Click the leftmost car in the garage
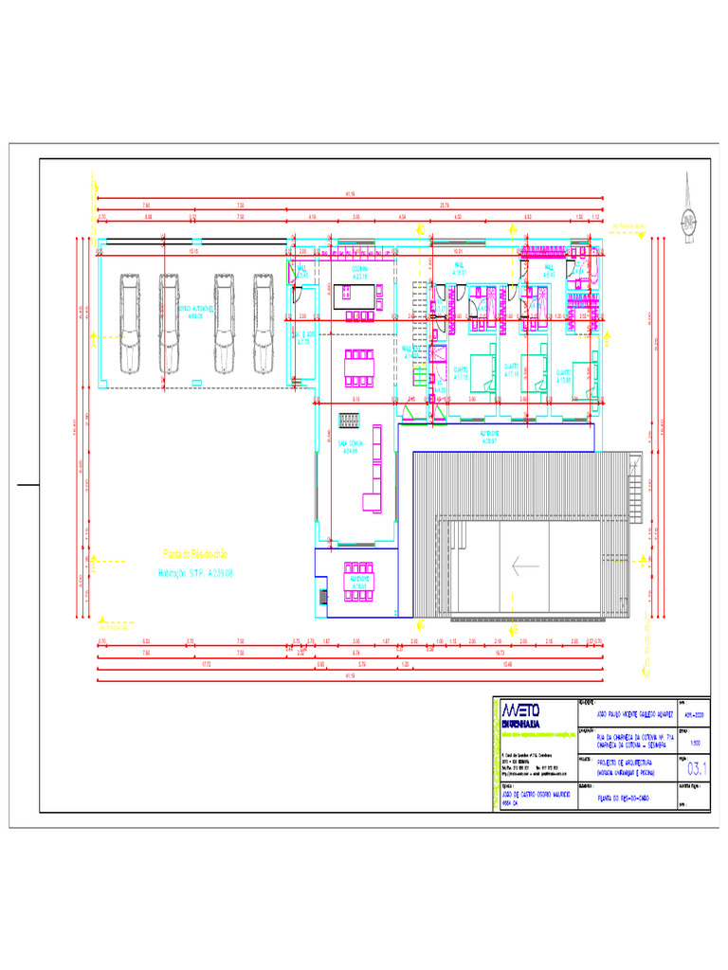coord(130,323)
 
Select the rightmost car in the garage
coord(264,323)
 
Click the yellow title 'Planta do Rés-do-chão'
coord(195,553)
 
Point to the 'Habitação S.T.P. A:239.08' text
coord(194,573)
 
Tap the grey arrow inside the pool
coord(525,566)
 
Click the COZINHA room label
coord(360,270)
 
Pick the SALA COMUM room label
coord(351,444)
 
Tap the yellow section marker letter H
coord(418,624)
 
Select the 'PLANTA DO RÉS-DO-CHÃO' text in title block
coord(623,798)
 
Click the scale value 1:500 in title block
coord(696,743)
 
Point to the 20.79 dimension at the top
coord(445,205)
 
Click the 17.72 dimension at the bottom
coord(206,664)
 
